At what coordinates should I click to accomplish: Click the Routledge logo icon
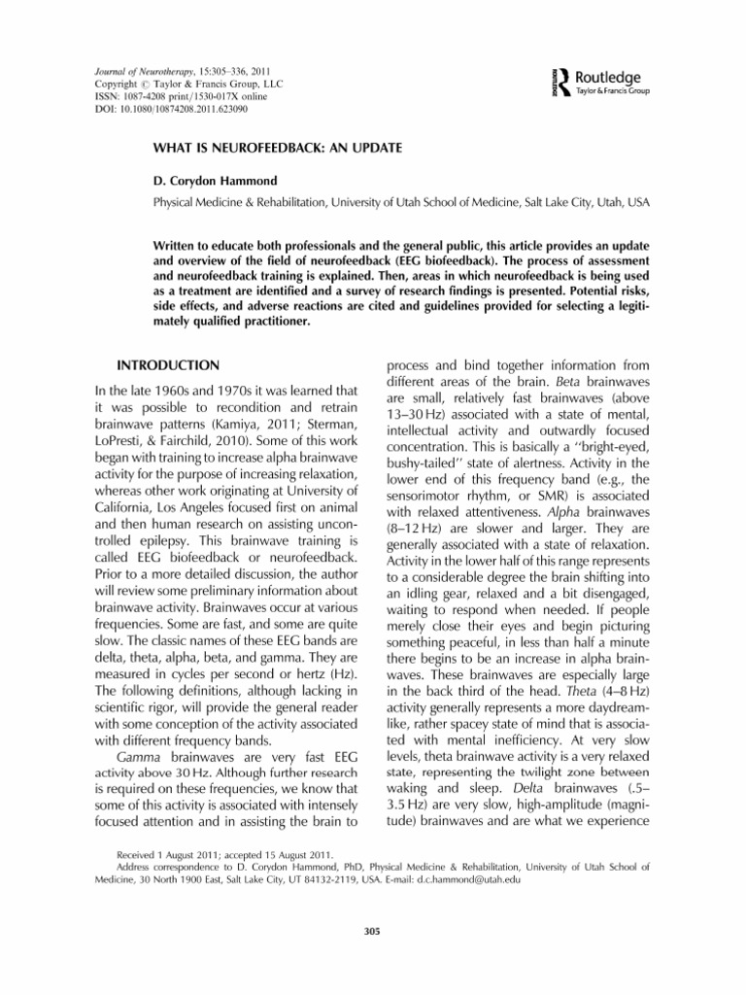click(x=537, y=76)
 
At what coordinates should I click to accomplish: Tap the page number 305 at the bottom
click(x=372, y=931)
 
